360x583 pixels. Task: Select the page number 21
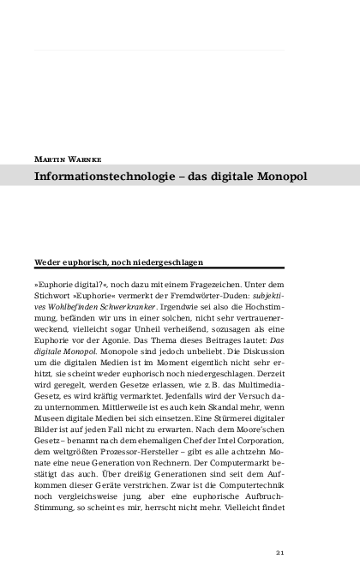tap(279, 552)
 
